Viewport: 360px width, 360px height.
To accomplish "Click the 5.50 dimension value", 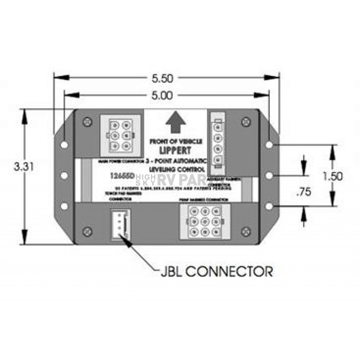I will click(162, 78).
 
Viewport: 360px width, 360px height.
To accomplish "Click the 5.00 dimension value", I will click(162, 96).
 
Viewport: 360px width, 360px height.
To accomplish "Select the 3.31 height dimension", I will click(24, 166).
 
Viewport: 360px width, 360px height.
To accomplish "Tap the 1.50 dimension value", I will click(333, 176).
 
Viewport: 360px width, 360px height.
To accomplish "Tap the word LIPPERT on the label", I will click(175, 150).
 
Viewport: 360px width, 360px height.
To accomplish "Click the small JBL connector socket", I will click(120, 225).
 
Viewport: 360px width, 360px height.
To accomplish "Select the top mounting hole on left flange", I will click(64, 144).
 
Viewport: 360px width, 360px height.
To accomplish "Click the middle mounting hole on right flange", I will click(269, 175).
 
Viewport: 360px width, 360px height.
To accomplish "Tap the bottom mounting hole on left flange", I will click(64, 206).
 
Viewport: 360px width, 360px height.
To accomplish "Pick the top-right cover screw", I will click(246, 122).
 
